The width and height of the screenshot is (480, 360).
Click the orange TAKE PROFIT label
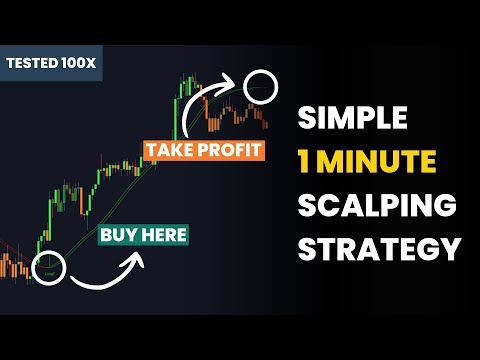click(x=204, y=151)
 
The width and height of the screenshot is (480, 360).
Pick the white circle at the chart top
click(x=263, y=86)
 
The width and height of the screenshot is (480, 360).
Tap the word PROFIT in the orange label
click(x=230, y=151)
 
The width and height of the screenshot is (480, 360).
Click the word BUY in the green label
click(x=115, y=237)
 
